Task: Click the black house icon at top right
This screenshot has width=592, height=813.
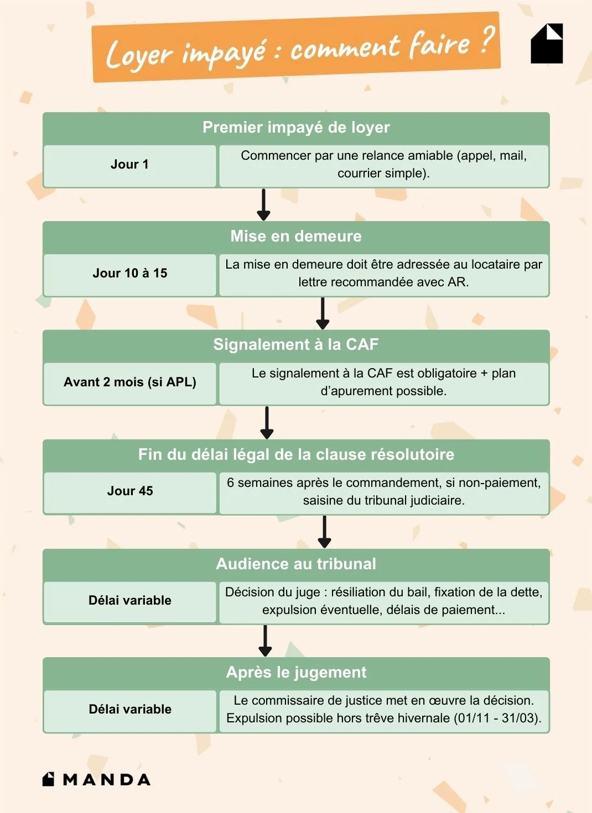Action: tap(547, 44)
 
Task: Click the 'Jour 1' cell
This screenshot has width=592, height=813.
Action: tap(129, 165)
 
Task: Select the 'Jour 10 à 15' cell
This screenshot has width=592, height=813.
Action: tap(129, 274)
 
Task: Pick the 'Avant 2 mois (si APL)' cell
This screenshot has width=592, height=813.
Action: tap(129, 382)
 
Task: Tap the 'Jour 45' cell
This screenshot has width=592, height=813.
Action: tap(129, 491)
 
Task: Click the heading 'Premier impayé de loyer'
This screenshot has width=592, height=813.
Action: tap(296, 128)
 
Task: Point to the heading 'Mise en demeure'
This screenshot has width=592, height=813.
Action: tap(296, 237)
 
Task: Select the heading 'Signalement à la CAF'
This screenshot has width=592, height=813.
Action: tap(296, 345)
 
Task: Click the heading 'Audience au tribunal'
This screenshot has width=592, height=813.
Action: tap(296, 564)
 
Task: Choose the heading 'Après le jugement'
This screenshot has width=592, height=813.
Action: tap(296, 673)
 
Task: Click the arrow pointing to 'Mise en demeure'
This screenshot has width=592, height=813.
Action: tap(264, 204)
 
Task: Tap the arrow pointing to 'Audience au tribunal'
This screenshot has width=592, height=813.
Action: tap(325, 532)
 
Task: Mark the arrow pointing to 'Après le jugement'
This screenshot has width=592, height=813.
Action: tap(266, 641)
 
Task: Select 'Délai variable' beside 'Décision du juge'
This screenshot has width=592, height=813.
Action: tap(129, 601)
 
